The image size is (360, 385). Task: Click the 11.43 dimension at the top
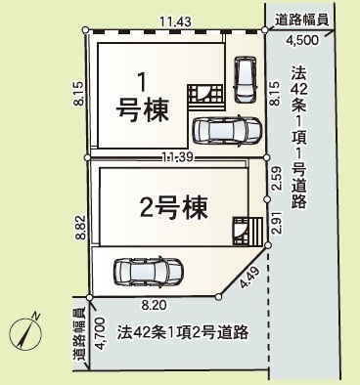pyautogui.click(x=175, y=22)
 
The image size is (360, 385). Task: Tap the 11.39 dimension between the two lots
pyautogui.click(x=178, y=157)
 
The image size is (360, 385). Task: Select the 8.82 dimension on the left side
pyautogui.click(x=80, y=227)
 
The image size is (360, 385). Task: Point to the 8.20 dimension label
pyautogui.click(x=154, y=305)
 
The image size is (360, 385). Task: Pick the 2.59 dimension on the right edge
pyautogui.click(x=277, y=178)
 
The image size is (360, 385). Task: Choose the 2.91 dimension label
pyautogui.click(x=277, y=222)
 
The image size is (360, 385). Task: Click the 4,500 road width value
pyautogui.click(x=302, y=40)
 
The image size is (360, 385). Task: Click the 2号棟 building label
pyautogui.click(x=174, y=208)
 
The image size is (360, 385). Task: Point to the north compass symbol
pyautogui.click(x=25, y=332)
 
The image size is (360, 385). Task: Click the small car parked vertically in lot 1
pyautogui.click(x=246, y=79)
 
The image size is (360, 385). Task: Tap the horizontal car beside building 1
pyautogui.click(x=227, y=130)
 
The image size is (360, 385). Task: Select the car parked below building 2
pyautogui.click(x=149, y=273)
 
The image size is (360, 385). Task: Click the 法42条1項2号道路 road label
pyautogui.click(x=183, y=332)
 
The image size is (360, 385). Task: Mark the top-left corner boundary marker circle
pyautogui.click(x=85, y=30)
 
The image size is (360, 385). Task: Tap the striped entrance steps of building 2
pyautogui.click(x=255, y=231)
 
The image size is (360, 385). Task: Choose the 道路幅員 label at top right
pyautogui.click(x=300, y=21)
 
